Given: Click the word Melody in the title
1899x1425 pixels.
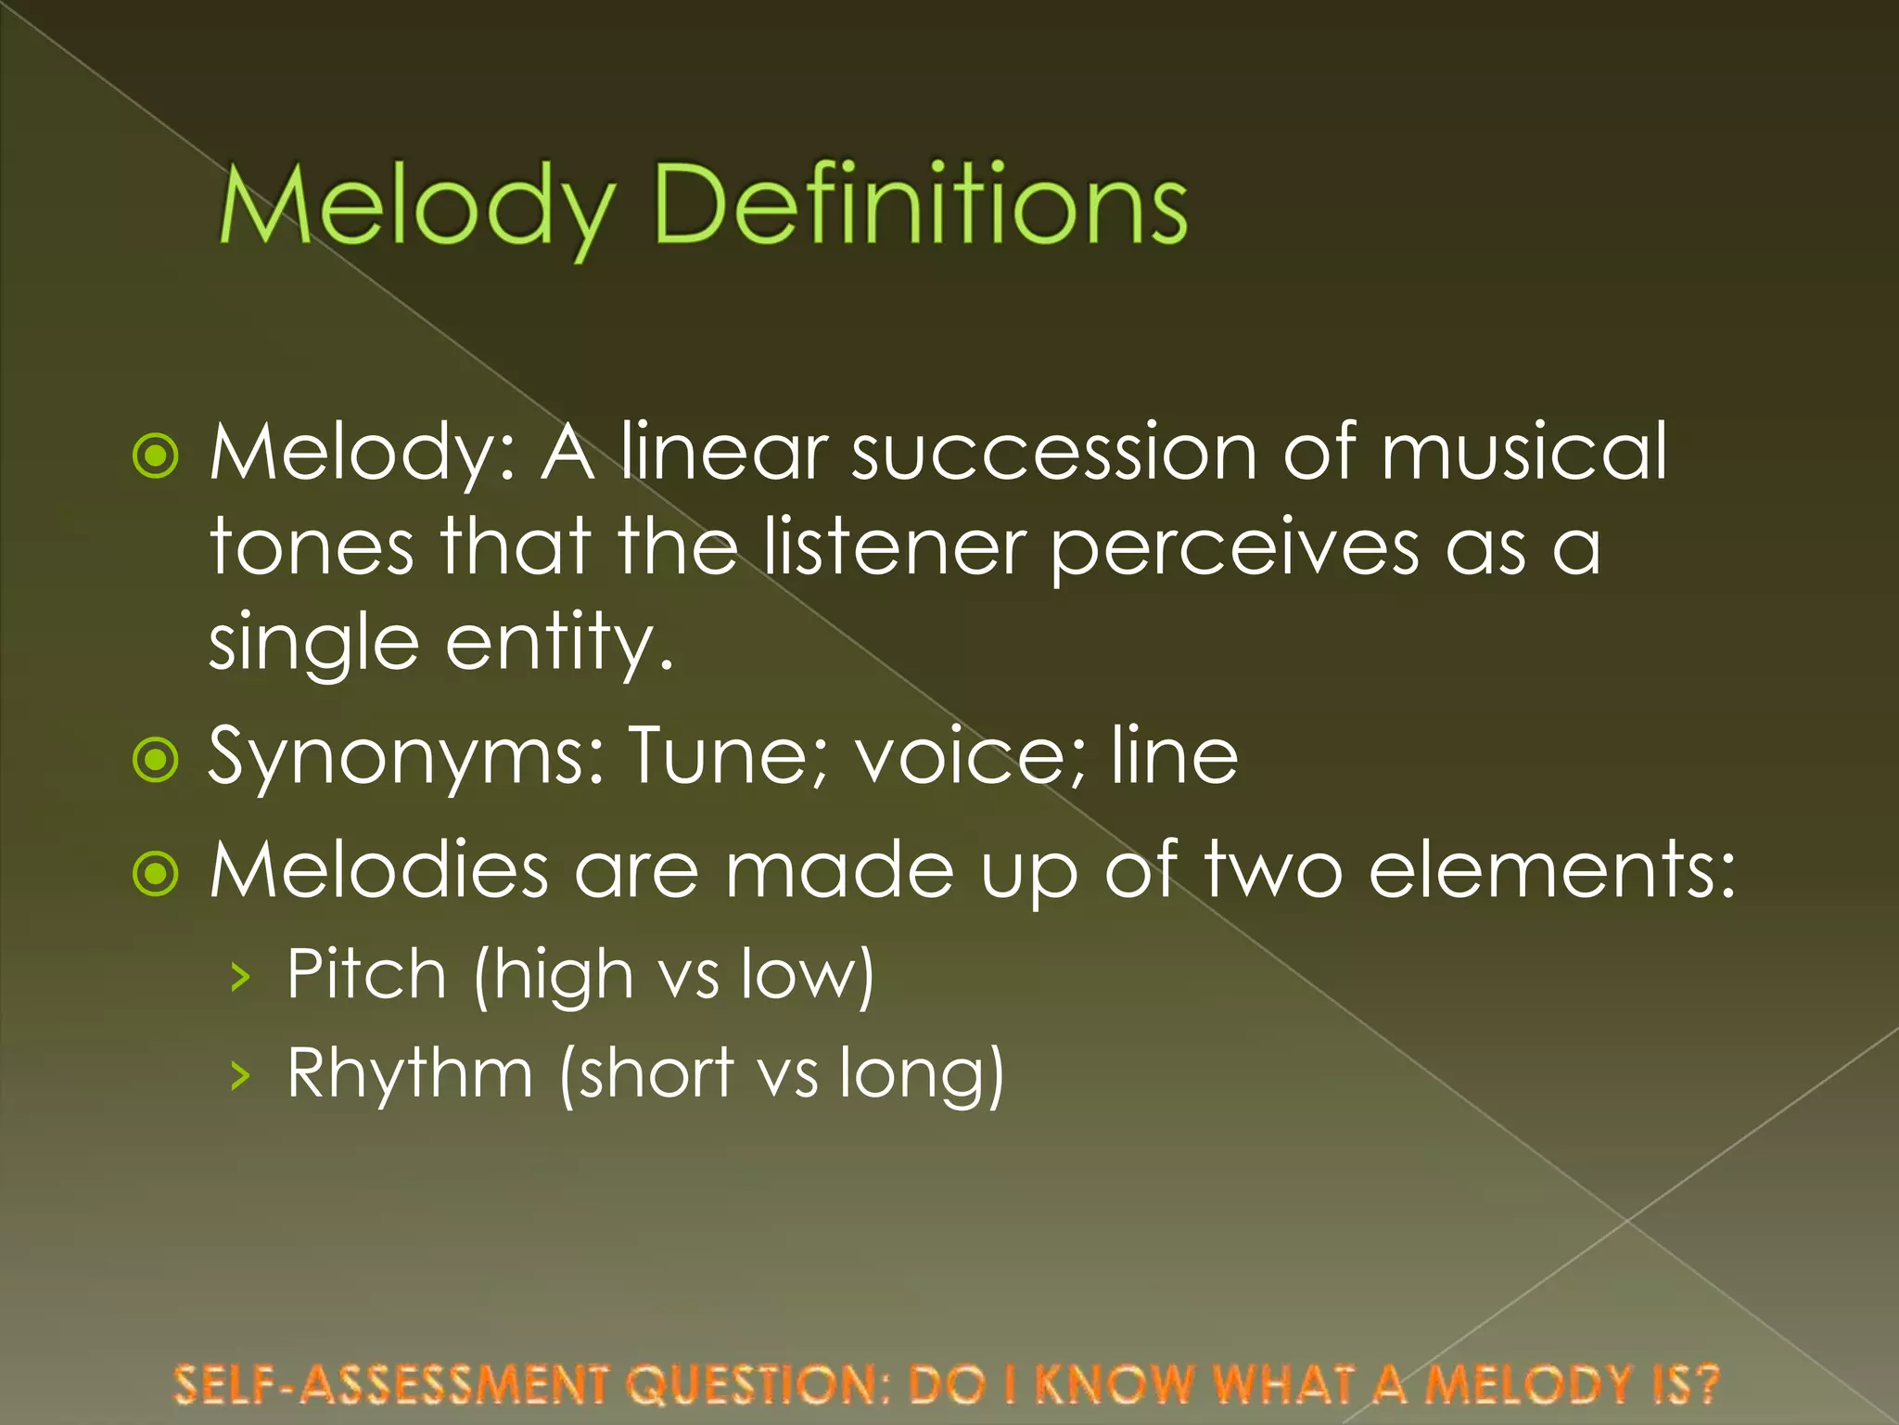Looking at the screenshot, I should pos(415,206).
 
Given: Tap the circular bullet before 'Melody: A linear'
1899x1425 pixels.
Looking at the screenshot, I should pos(156,456).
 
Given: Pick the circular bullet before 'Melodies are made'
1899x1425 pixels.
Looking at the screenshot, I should pos(156,873).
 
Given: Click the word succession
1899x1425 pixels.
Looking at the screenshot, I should pos(1054,454).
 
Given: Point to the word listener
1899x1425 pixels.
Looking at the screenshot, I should pos(894,547).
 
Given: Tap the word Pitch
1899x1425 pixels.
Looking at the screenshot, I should pos(367,974).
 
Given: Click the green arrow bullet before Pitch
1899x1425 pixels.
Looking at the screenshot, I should pos(241,977).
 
